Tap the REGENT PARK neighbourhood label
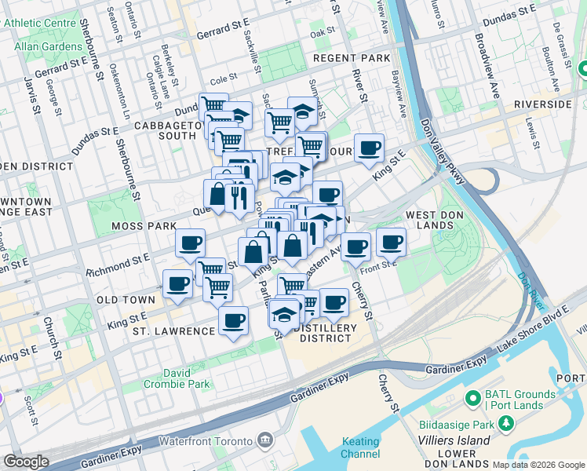351,59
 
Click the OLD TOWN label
126,300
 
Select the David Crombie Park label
177,378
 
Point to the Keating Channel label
361,448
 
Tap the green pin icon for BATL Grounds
472,399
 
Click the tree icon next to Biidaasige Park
507,425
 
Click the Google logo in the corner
26,462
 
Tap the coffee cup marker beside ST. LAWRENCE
234,322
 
